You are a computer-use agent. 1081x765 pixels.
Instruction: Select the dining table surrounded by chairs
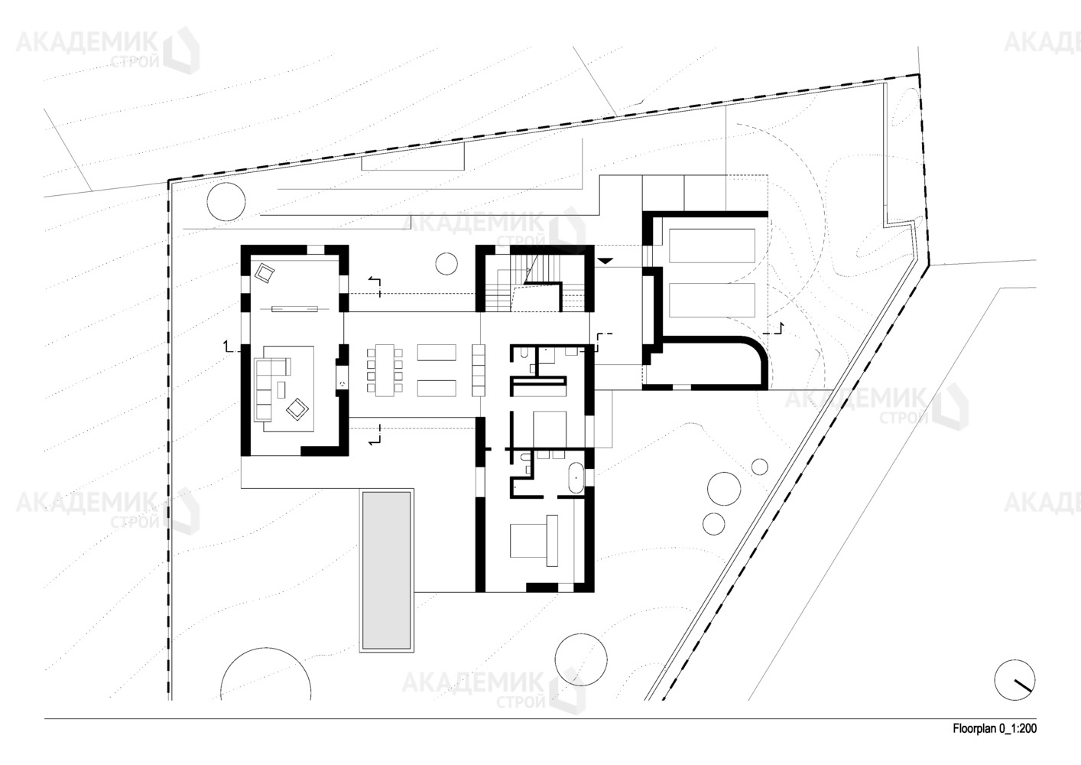click(385, 370)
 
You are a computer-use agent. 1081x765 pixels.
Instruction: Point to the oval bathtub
click(576, 477)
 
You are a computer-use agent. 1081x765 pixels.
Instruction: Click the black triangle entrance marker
click(605, 261)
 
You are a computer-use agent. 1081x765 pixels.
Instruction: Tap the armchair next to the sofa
click(297, 409)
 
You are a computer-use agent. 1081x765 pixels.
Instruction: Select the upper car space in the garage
click(712, 246)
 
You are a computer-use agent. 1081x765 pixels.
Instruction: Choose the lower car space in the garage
click(712, 300)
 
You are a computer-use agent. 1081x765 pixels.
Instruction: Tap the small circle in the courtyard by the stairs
click(446, 264)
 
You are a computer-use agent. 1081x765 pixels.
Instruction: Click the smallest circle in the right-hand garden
click(760, 467)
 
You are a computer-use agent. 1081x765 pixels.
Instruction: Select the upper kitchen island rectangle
click(437, 352)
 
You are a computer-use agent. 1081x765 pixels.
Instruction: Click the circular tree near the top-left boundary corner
click(226, 203)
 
